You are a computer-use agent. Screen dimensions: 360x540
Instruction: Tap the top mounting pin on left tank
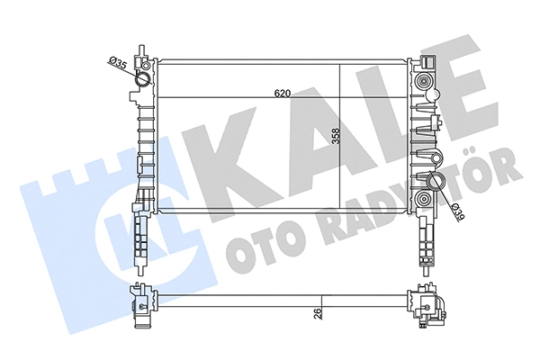(141, 48)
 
